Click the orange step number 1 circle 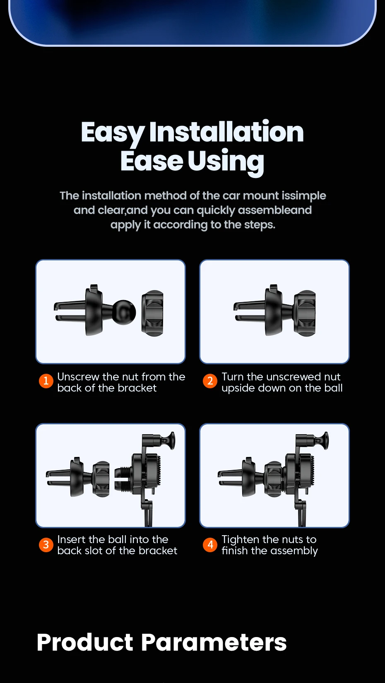pyautogui.click(x=46, y=381)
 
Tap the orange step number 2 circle pyautogui.click(x=210, y=381)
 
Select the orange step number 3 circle pyautogui.click(x=46, y=545)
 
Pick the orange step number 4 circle pyautogui.click(x=210, y=545)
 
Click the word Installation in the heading pyautogui.click(x=226, y=132)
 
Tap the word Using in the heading pyautogui.click(x=226, y=161)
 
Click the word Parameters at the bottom pyautogui.click(x=214, y=642)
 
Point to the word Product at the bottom pyautogui.click(x=85, y=642)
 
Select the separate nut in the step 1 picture pyautogui.click(x=152, y=313)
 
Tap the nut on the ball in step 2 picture pyautogui.click(x=304, y=313)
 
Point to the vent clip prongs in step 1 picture pyautogui.click(x=70, y=311)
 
